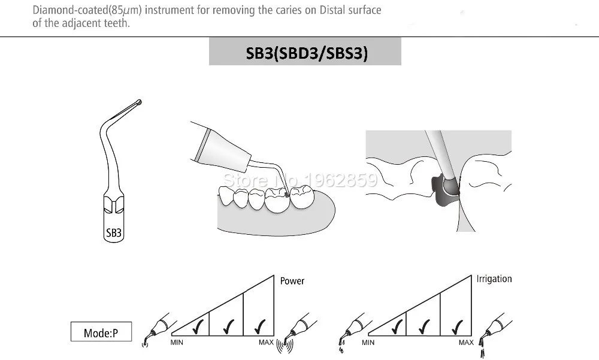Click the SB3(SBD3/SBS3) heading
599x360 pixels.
click(306, 53)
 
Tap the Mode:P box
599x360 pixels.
click(101, 332)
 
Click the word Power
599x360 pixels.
click(292, 281)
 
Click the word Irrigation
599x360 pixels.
click(494, 279)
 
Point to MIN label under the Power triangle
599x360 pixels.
click(177, 343)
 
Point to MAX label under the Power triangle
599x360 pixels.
click(266, 343)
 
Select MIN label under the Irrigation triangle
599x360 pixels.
click(368, 343)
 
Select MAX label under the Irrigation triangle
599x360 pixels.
click(466, 343)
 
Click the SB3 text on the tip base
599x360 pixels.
click(113, 233)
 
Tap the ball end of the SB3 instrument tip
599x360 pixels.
click(139, 102)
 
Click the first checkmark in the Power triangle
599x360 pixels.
click(198, 326)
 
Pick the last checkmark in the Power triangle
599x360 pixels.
click(260, 326)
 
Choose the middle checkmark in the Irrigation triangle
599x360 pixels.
click(425, 326)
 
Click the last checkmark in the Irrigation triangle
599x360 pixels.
click(457, 326)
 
